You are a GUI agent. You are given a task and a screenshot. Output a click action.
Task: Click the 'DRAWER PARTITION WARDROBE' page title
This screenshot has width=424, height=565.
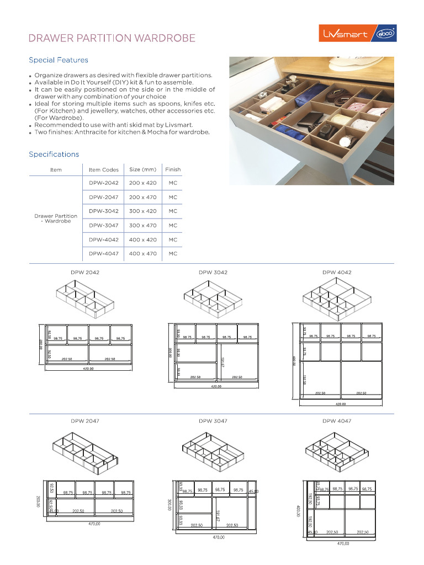[112, 38]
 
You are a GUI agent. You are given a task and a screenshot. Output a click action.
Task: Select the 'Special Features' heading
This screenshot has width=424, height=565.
[59, 60]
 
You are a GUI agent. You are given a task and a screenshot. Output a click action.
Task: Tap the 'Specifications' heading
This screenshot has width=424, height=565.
[54, 154]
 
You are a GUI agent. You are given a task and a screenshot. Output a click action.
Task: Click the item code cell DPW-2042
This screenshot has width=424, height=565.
[103, 183]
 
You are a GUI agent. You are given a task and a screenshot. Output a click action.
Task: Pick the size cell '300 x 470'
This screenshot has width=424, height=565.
[142, 225]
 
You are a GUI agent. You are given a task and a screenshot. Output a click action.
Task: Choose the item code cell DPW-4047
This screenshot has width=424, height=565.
[103, 254]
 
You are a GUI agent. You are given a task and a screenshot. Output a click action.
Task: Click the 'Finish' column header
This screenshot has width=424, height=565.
[173, 169]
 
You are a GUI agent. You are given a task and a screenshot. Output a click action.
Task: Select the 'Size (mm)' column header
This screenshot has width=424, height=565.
[142, 169]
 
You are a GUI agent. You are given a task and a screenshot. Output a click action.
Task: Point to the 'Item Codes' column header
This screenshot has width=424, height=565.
[103, 170]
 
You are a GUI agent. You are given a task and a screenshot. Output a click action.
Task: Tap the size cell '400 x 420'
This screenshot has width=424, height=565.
[142, 240]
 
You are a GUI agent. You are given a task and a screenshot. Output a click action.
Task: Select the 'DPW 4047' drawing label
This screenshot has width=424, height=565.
[337, 421]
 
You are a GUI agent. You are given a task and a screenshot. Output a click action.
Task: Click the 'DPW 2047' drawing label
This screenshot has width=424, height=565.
[85, 421]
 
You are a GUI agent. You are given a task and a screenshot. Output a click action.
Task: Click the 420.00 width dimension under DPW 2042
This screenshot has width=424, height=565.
[88, 369]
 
